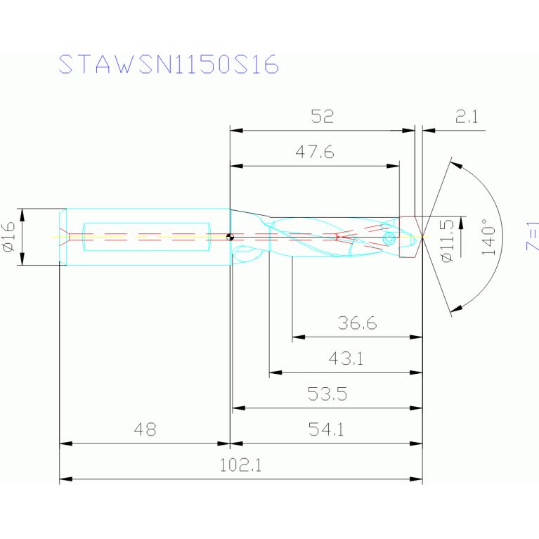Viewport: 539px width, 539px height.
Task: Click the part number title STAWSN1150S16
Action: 169,65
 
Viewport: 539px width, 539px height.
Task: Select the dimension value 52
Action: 322,117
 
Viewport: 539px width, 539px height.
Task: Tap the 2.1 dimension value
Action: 466,117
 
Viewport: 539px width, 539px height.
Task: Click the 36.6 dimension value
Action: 356,323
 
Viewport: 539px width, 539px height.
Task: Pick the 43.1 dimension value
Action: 346,358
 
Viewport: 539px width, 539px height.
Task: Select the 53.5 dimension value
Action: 327,394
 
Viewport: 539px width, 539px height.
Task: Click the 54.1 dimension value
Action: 327,429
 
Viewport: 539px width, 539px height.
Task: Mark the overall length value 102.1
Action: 240,465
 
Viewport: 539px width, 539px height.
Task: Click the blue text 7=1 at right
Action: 533,236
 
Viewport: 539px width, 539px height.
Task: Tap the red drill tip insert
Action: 410,238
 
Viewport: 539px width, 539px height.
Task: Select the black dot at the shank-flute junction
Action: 230,237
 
